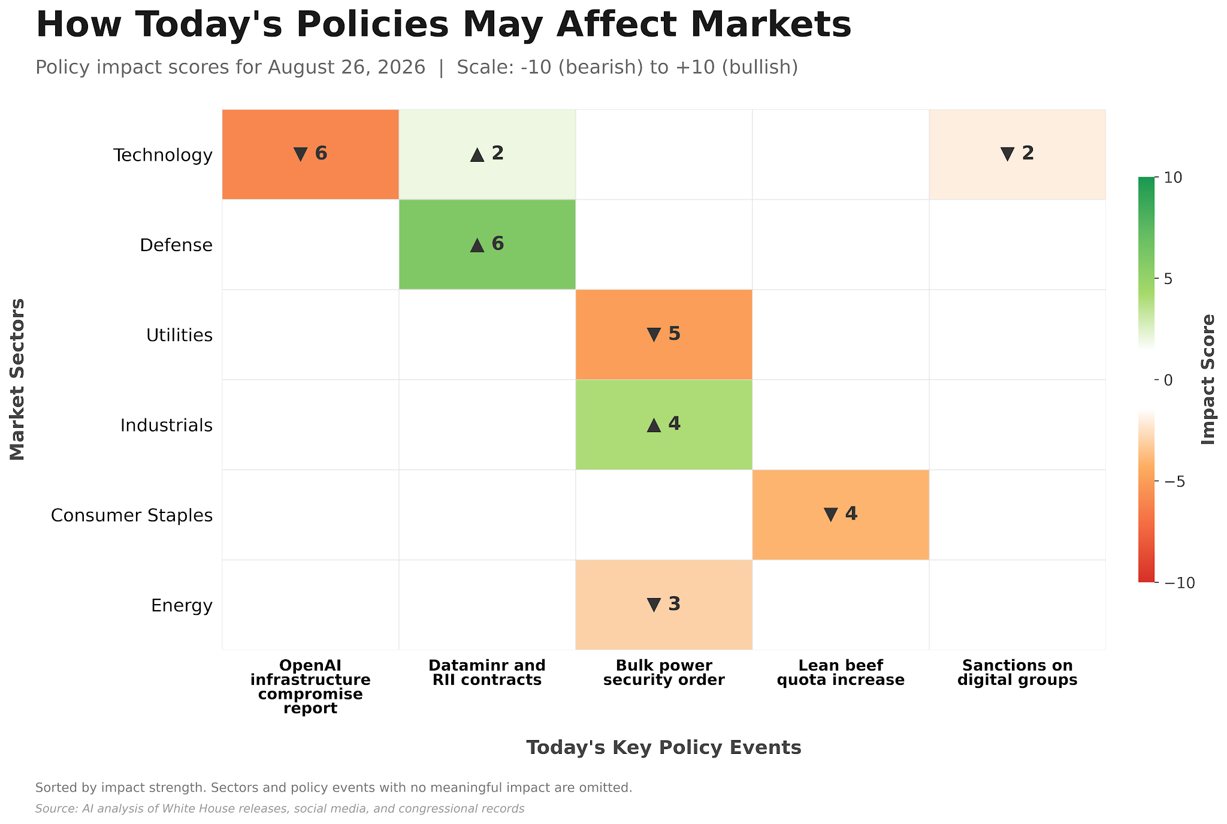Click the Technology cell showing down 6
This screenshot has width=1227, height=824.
[x=310, y=154]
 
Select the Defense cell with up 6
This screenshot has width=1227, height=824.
[x=487, y=245]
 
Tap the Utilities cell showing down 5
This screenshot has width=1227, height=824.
[x=664, y=334]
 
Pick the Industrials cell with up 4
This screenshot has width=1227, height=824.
[x=664, y=425]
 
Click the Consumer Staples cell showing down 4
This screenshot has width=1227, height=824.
[x=841, y=515]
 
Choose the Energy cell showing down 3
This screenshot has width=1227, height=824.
[x=664, y=605]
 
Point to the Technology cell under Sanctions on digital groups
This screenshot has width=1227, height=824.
[x=1017, y=154]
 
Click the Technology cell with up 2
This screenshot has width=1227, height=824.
[x=487, y=154]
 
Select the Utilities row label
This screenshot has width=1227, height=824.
[x=180, y=335]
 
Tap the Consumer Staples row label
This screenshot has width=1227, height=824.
[x=132, y=515]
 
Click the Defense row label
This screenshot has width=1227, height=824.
[x=176, y=245]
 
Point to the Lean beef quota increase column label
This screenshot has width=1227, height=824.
[x=841, y=673]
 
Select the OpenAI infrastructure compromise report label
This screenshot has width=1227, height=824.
[x=310, y=687]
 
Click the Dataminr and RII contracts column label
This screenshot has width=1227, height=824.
[x=487, y=673]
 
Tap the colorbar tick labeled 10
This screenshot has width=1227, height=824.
[x=1172, y=177]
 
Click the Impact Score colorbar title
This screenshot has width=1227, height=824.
[x=1208, y=379]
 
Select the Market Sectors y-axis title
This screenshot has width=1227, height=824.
[x=18, y=379]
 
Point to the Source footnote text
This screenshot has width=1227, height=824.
[x=280, y=809]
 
